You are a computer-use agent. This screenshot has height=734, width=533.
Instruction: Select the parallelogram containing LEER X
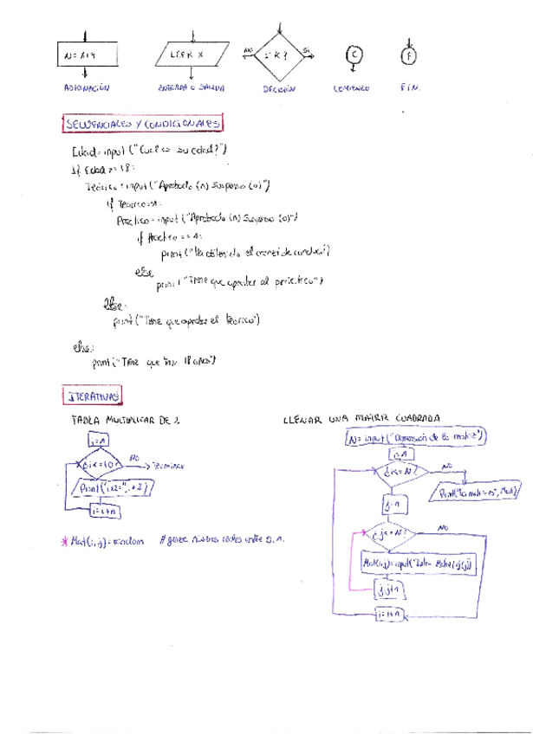coord(192,56)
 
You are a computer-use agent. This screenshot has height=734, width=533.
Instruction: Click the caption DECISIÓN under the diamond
coord(279,89)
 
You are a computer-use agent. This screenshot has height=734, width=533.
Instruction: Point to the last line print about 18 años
coord(154,363)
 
